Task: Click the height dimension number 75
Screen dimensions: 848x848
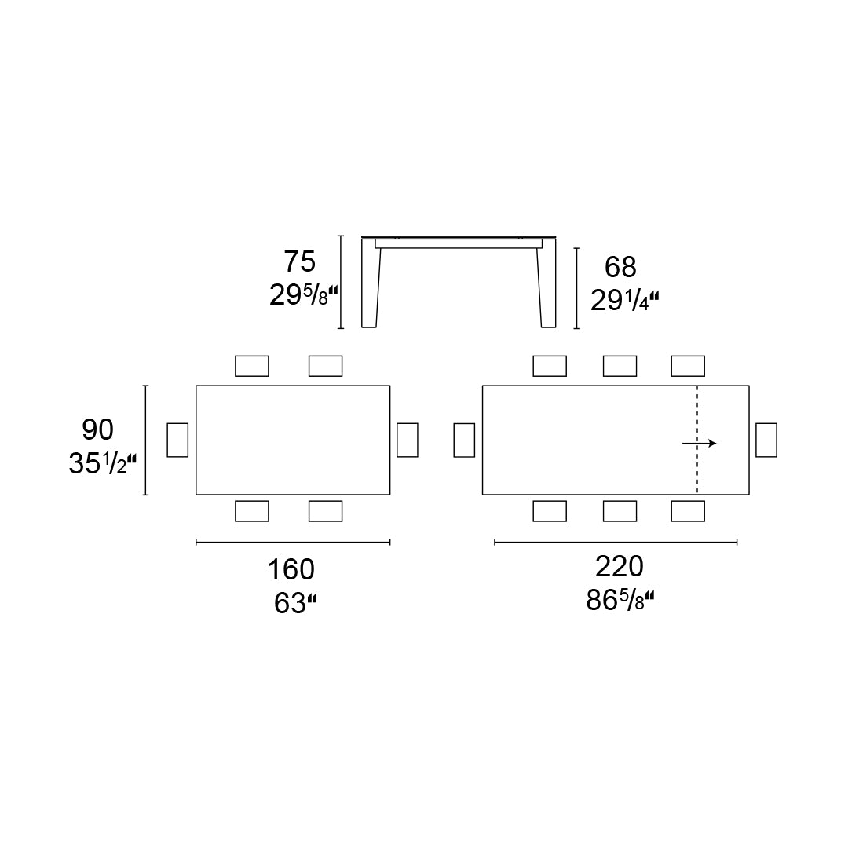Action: point(299,261)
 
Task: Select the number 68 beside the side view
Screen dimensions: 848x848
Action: point(620,268)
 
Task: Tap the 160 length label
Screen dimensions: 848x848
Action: point(291,569)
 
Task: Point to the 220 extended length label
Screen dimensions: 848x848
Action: point(619,566)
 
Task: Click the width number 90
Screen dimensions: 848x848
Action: point(98,429)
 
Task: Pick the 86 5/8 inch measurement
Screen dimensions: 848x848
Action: point(620,601)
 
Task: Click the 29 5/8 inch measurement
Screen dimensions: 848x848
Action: point(303,295)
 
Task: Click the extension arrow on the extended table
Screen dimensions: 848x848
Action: point(700,444)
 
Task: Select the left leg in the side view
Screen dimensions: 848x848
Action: point(370,287)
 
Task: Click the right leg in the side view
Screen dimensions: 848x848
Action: point(547,287)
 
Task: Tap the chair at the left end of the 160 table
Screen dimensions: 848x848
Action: point(177,440)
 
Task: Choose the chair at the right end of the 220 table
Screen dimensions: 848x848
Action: point(766,440)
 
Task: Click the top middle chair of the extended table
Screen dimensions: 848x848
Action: point(620,366)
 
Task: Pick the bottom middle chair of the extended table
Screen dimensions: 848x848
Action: point(620,511)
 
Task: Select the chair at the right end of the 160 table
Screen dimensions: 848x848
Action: point(408,440)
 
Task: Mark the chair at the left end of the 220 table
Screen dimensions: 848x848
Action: point(464,440)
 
